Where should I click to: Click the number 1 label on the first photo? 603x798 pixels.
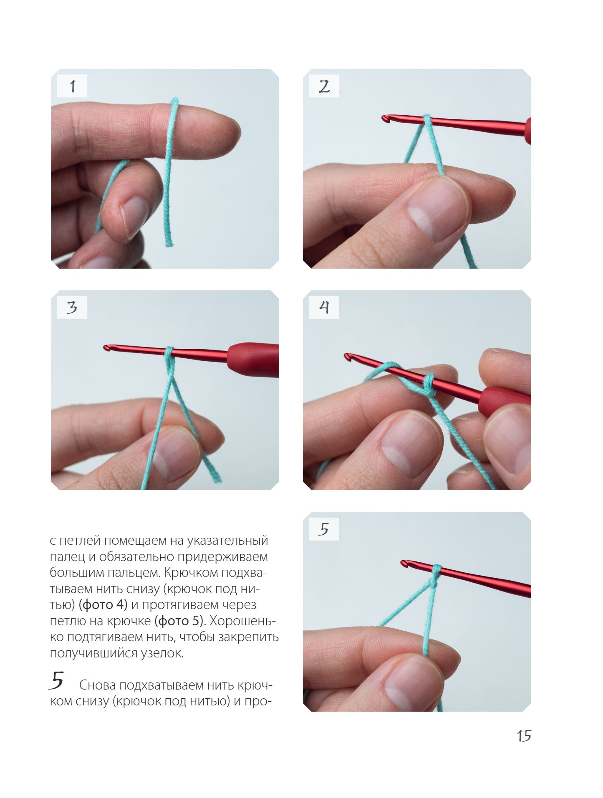72,86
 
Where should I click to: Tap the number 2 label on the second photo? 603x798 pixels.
324,86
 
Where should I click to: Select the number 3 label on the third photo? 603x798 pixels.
72,307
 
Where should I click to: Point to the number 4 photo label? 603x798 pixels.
324,307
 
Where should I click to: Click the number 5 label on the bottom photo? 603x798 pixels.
324,529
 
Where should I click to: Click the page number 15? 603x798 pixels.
524,736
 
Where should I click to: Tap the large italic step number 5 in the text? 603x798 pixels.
56,680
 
